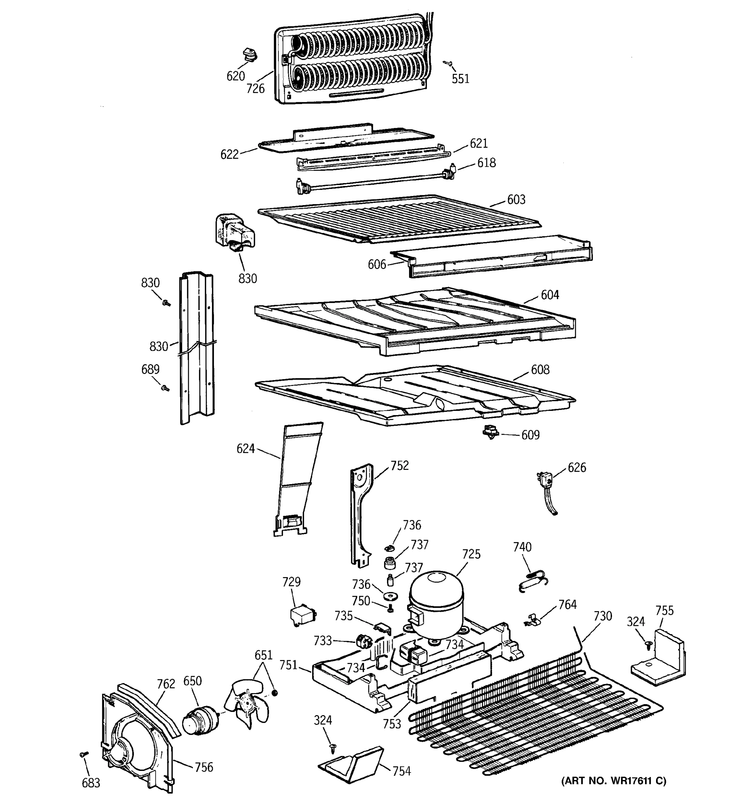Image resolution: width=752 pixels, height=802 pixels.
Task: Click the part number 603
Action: pos(516,200)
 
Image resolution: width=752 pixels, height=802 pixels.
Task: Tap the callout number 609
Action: pos(530,435)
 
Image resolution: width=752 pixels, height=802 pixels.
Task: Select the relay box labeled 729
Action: pos(302,617)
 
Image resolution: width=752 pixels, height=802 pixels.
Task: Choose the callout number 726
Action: pos(255,88)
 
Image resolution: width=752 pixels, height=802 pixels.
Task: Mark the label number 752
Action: pos(399,465)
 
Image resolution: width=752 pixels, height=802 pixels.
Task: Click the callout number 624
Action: pos(245,448)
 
